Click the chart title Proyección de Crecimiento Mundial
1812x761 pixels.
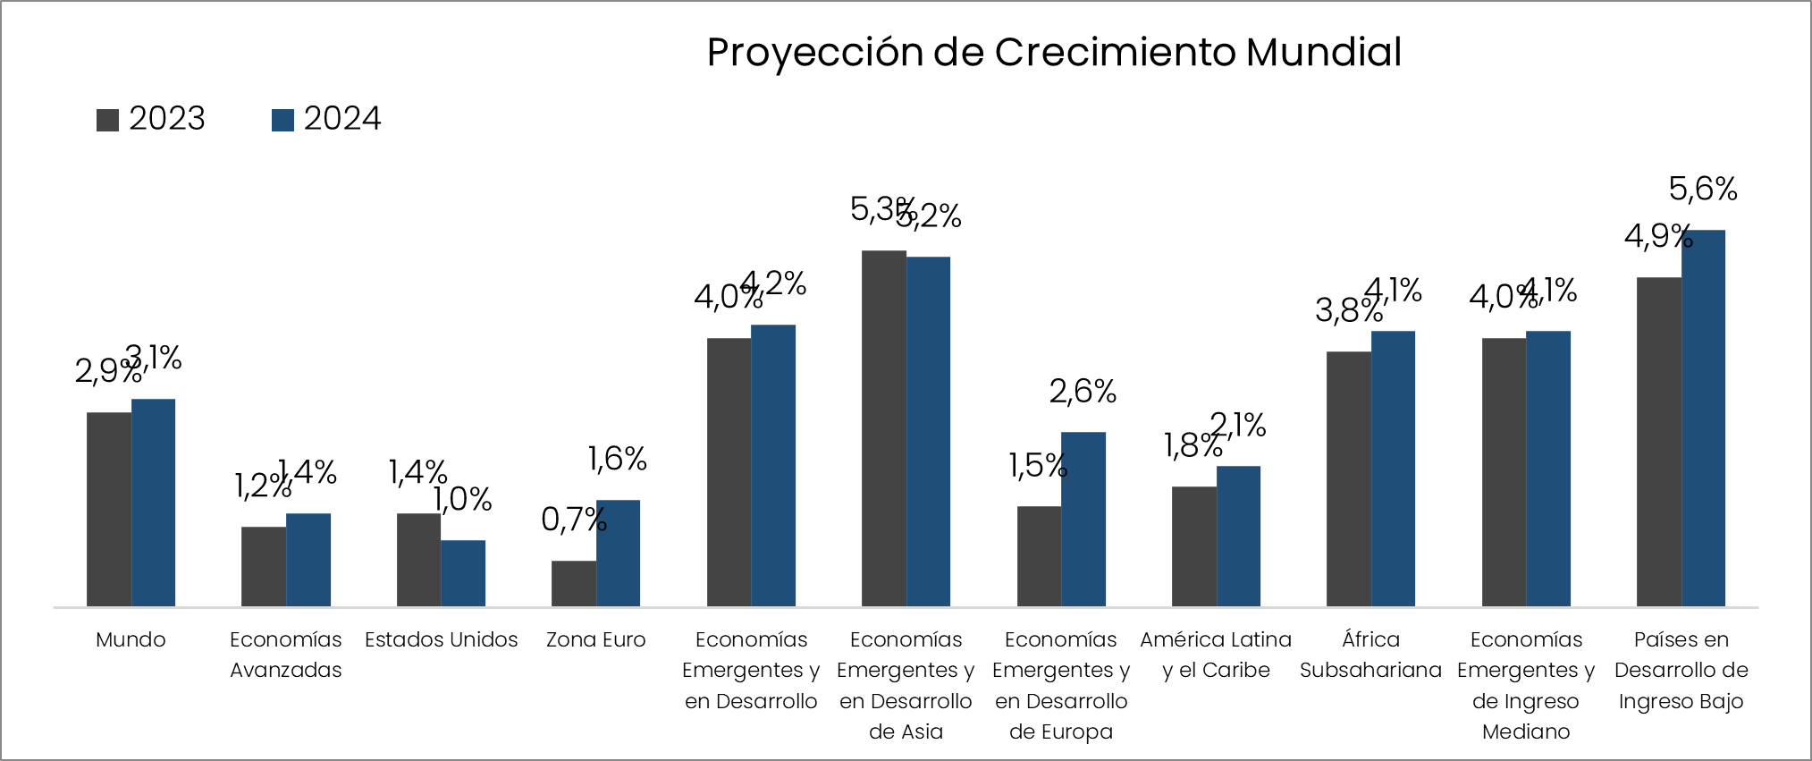[x=1054, y=52]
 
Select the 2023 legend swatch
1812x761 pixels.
[x=107, y=120]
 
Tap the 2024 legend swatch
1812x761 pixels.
[x=282, y=120]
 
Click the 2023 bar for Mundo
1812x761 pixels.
[x=109, y=510]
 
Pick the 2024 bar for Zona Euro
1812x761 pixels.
[x=618, y=554]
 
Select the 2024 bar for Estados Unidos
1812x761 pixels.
[x=463, y=573]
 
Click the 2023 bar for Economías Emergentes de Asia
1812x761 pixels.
[x=884, y=429]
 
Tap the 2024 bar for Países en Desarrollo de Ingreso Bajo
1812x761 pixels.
[x=1703, y=419]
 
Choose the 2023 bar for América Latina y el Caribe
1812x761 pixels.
[x=1194, y=546]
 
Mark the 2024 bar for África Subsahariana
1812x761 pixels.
[x=1393, y=469]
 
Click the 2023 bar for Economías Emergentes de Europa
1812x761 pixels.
[x=1039, y=556]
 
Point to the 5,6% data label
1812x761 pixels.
[x=1703, y=189]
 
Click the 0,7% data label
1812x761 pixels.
[x=573, y=519]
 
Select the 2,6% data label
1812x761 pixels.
[x=1083, y=391]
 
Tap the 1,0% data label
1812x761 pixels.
[x=463, y=499]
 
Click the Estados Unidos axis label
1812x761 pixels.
[x=441, y=639]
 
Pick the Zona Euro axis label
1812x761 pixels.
[x=595, y=639]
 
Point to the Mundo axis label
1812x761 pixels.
[x=131, y=639]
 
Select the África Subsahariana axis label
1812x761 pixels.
[x=1370, y=655]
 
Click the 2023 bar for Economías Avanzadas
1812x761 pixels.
[x=264, y=567]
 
